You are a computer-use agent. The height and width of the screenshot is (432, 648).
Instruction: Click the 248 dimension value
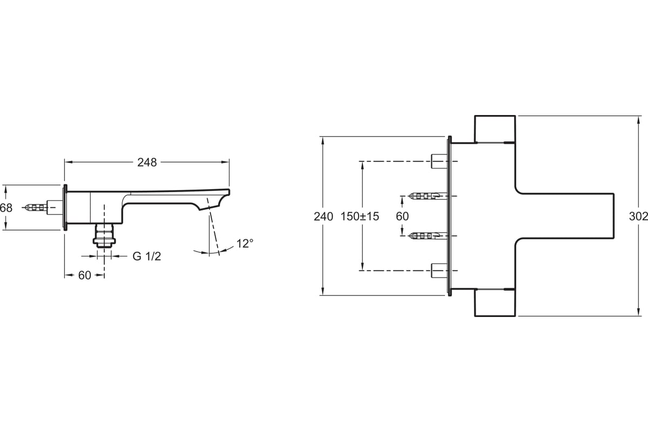tap(147, 163)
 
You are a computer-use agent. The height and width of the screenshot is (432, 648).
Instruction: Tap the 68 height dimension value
tap(6, 208)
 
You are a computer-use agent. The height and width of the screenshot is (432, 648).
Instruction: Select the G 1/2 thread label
tap(147, 256)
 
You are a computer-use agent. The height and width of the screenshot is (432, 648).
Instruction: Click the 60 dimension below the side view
tap(84, 275)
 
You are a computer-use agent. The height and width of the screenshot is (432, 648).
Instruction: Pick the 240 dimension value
tap(323, 217)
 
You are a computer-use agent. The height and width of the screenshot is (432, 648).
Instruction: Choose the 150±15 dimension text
tap(360, 217)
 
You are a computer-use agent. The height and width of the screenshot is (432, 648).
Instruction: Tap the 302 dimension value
tap(638, 217)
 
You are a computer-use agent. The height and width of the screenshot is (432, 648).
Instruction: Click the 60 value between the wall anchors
tap(402, 217)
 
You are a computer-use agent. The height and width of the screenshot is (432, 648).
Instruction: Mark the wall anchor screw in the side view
tap(36, 207)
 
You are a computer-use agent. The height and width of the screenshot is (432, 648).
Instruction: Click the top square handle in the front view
tap(495, 129)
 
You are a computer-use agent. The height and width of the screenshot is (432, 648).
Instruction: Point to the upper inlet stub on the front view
tap(439, 161)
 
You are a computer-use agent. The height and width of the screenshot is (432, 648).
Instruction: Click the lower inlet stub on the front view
tap(439, 271)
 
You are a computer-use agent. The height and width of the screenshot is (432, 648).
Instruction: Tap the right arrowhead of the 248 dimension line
tap(226, 162)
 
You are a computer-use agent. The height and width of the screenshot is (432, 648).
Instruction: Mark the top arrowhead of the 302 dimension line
tap(638, 120)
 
